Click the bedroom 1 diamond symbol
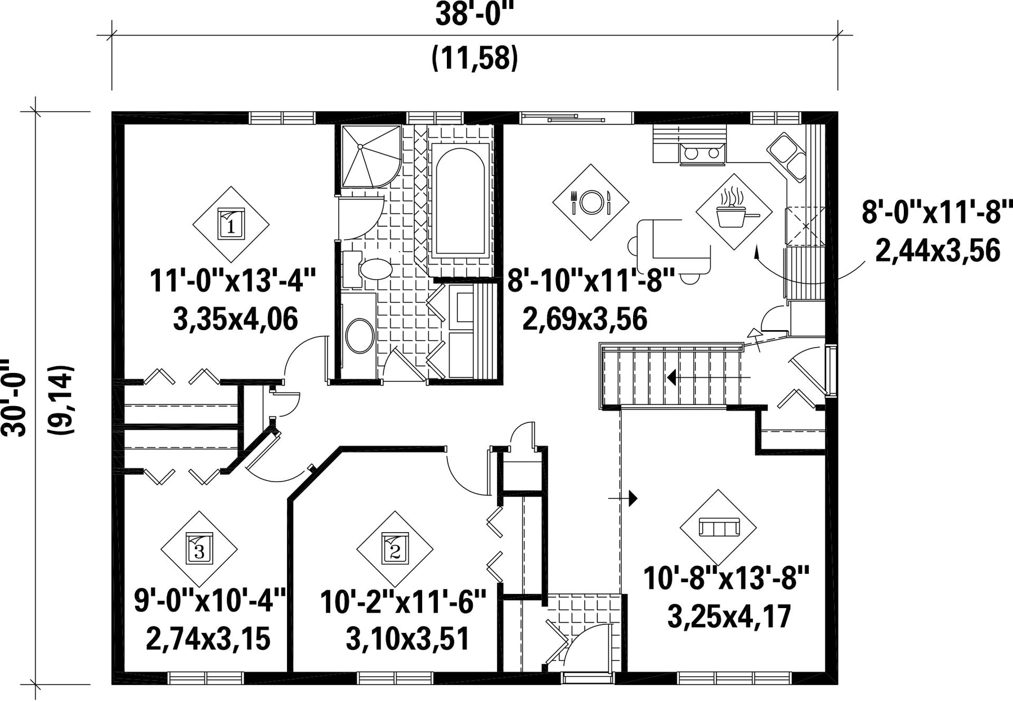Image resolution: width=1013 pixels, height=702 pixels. pyautogui.click(x=231, y=224)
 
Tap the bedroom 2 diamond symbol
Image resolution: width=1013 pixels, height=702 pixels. pyautogui.click(x=395, y=548)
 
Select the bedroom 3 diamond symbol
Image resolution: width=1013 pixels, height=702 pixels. pyautogui.click(x=199, y=548)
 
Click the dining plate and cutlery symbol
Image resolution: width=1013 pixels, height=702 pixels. pyautogui.click(x=590, y=202)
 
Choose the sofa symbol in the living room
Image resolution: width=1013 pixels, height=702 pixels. pyautogui.click(x=719, y=528)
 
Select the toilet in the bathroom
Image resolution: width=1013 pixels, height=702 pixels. pyautogui.click(x=368, y=269)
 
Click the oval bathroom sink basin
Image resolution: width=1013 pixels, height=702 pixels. pyautogui.click(x=360, y=336)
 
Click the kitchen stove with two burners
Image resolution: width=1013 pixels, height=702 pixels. pyautogui.click(x=702, y=153)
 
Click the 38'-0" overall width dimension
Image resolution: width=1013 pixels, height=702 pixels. pyautogui.click(x=475, y=15)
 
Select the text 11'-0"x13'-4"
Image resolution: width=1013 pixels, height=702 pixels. pyautogui.click(x=234, y=280)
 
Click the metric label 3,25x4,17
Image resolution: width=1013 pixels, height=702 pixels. pyautogui.click(x=729, y=616)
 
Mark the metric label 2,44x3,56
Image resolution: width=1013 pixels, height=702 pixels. pyautogui.click(x=938, y=251)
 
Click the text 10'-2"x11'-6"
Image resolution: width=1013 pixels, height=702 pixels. pyautogui.click(x=404, y=602)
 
